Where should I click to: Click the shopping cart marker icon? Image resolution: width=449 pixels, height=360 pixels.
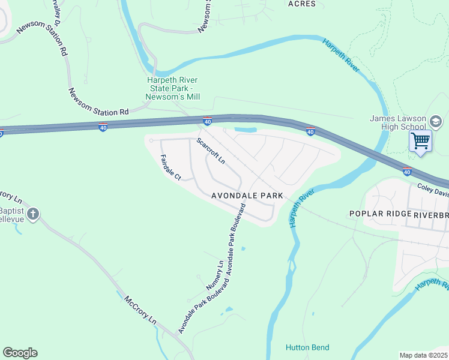tap(421, 142)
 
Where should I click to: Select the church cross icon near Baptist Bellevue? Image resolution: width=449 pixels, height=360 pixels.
tap(33, 214)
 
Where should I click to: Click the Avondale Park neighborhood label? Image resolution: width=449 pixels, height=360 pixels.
tap(247, 196)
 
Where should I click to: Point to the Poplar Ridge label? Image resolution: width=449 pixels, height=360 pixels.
tap(381, 214)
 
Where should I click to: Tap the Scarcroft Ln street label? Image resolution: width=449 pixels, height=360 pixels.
tap(211, 151)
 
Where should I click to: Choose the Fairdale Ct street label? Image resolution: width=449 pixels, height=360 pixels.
tap(170, 167)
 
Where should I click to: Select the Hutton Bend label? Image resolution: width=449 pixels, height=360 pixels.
tap(307, 347)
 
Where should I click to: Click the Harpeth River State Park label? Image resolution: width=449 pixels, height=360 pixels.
tap(173, 88)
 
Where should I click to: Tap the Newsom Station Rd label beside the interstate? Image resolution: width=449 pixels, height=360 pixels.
tap(98, 103)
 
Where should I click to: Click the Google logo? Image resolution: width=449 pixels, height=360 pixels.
tap(20, 353)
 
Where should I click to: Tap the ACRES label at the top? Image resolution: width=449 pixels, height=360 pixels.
tap(301, 4)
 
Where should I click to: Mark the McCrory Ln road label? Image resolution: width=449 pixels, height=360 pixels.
tap(140, 310)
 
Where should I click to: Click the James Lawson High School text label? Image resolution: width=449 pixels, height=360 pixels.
tap(397, 122)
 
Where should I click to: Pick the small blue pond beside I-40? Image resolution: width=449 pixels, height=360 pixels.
tap(245, 130)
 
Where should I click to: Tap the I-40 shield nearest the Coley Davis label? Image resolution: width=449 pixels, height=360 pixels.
tap(407, 172)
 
